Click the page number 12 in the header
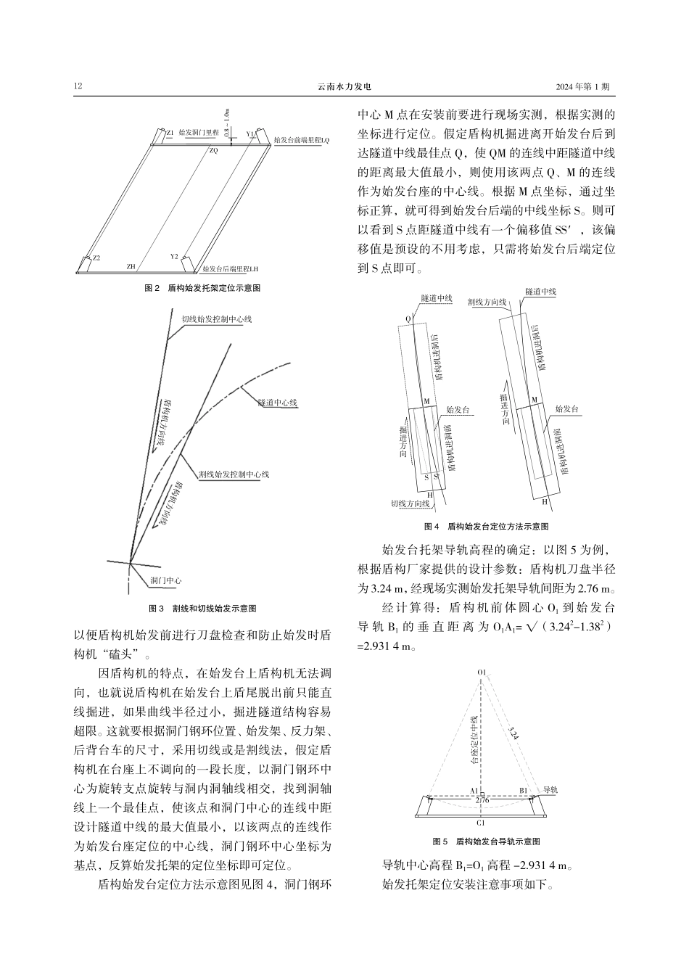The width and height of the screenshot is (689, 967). pyautogui.click(x=78, y=87)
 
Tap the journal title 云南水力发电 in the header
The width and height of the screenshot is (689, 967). pyautogui.click(x=344, y=87)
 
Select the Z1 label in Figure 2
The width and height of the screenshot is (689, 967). pyautogui.click(x=170, y=134)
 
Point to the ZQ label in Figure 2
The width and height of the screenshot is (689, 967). pyautogui.click(x=213, y=151)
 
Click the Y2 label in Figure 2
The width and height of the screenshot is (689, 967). pyautogui.click(x=174, y=257)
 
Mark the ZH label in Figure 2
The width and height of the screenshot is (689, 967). pyautogui.click(x=131, y=267)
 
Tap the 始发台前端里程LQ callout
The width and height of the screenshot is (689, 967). pyautogui.click(x=302, y=140)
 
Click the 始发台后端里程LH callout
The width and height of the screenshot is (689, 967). pyautogui.click(x=231, y=268)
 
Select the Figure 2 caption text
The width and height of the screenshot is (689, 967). pyautogui.click(x=203, y=288)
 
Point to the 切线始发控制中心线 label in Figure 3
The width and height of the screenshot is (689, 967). pyautogui.click(x=216, y=319)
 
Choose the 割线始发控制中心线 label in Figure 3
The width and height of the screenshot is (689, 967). pyautogui.click(x=234, y=474)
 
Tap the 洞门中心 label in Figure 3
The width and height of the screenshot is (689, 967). pyautogui.click(x=165, y=580)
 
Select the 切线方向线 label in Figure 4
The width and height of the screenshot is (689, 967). pyautogui.click(x=410, y=503)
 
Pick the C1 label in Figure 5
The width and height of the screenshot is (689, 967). pyautogui.click(x=481, y=823)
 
